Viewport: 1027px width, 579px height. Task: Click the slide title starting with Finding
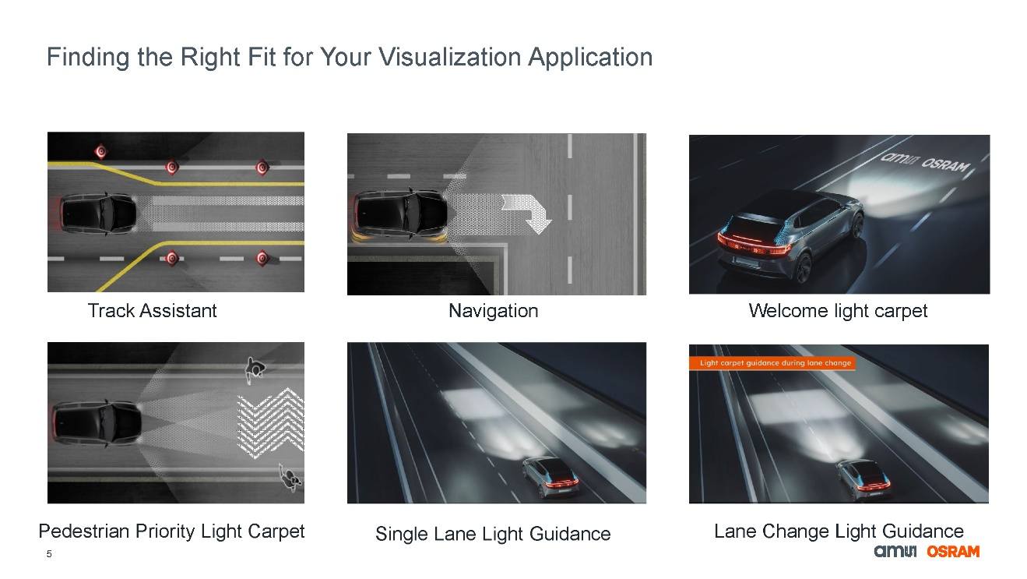[350, 58]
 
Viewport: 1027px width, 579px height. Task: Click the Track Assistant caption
[152, 311]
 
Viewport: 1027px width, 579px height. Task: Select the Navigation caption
[494, 311]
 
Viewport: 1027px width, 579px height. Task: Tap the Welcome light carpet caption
[838, 311]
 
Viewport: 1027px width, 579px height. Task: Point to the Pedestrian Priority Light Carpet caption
[171, 531]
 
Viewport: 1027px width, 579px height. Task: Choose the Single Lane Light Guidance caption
[493, 534]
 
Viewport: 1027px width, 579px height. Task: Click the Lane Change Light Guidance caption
[839, 531]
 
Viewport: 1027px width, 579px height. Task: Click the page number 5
[49, 554]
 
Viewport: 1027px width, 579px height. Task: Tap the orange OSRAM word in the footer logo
[953, 551]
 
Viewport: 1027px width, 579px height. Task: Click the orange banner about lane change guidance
[772, 363]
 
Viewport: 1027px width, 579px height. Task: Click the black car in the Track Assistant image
[97, 214]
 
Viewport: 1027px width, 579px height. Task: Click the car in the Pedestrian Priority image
[97, 424]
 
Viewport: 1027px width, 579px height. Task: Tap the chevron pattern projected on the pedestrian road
[270, 423]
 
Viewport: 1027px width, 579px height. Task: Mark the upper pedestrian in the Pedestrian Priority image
[255, 369]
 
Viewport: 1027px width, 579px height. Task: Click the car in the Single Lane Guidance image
[550, 477]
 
